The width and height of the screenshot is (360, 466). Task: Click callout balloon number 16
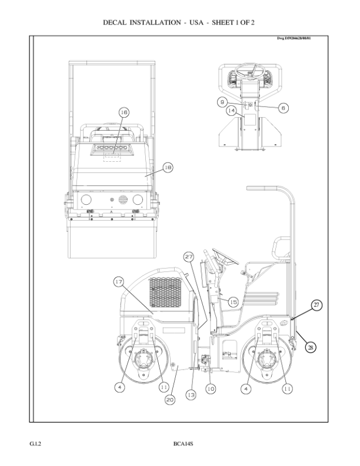(124, 112)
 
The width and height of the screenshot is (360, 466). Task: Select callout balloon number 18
(168, 168)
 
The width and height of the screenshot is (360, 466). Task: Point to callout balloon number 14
(231, 110)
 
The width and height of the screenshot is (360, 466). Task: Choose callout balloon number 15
(232, 302)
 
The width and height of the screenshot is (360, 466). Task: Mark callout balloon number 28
(311, 347)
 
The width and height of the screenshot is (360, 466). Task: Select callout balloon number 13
(191, 395)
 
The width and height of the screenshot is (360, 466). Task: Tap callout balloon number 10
(211, 388)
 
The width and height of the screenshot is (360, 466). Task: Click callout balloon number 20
(169, 400)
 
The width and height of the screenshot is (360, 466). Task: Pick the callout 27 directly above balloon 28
(316, 305)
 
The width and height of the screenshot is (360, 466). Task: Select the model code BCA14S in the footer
(183, 442)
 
